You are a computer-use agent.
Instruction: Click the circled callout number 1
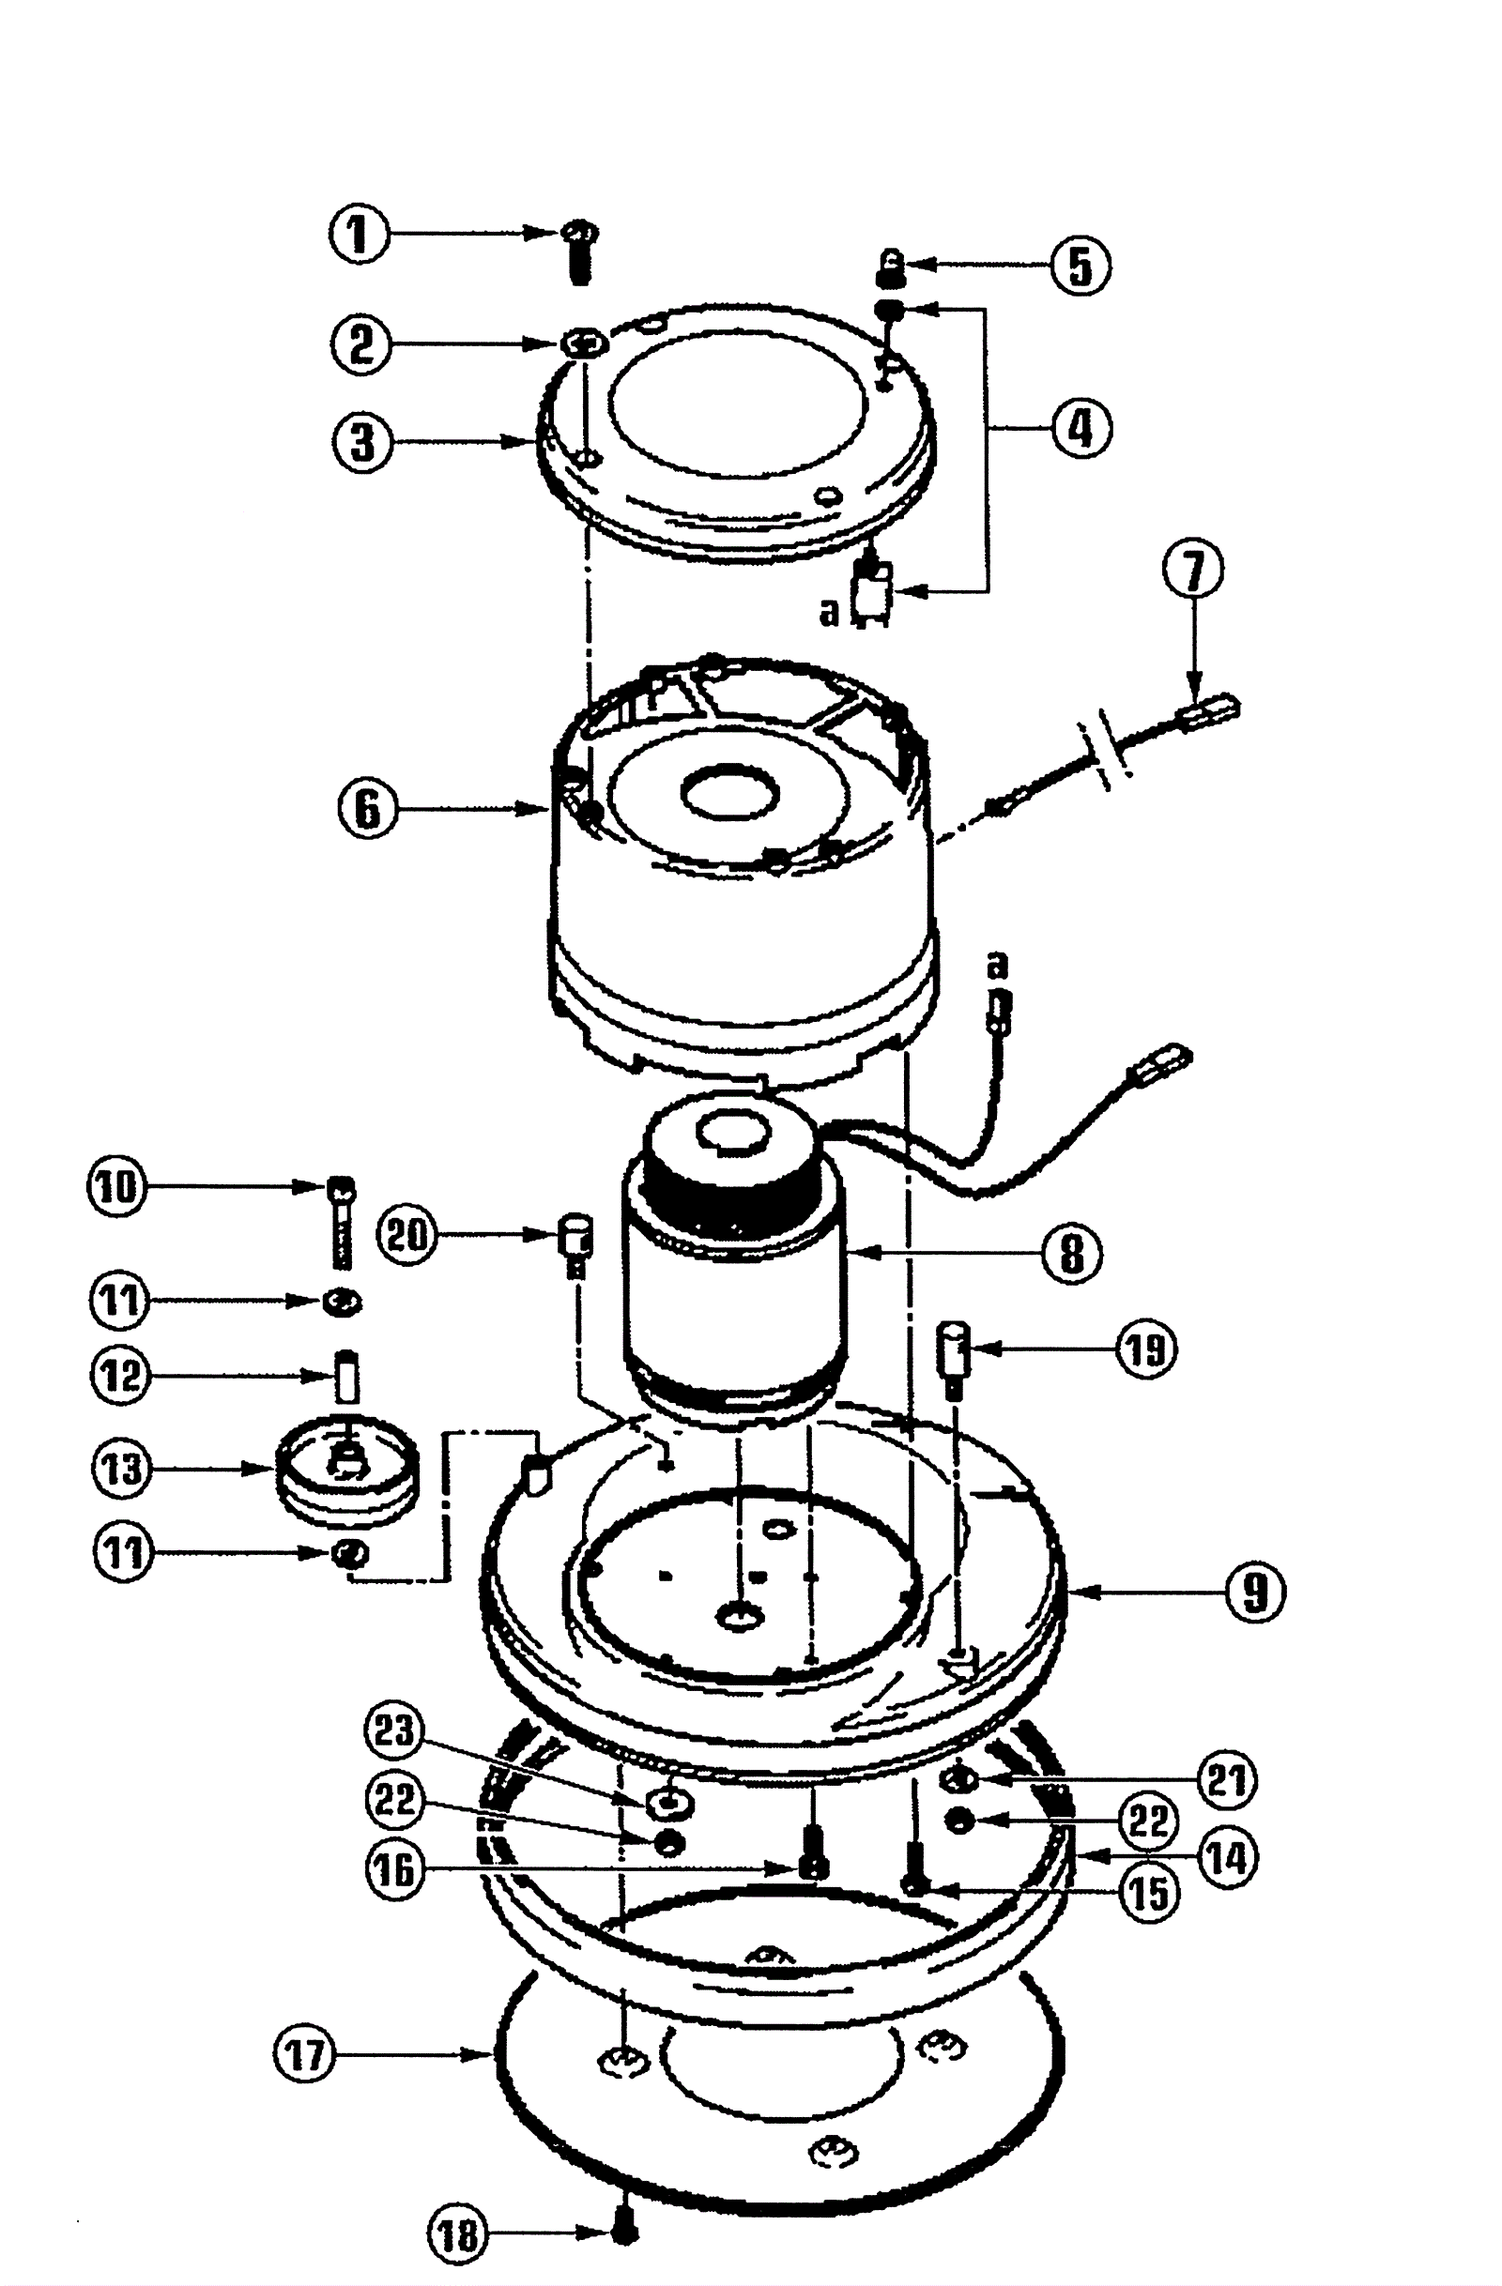pos(360,235)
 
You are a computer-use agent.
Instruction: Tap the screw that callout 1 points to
pos(577,251)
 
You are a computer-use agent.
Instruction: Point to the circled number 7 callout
pos(1193,571)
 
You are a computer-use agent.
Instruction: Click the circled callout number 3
pos(362,443)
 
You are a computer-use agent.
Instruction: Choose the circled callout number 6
pos(368,809)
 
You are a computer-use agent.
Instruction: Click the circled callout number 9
pos(1256,1593)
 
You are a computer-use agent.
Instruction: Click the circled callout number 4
pos(1081,427)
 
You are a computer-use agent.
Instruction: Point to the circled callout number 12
pos(121,1376)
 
